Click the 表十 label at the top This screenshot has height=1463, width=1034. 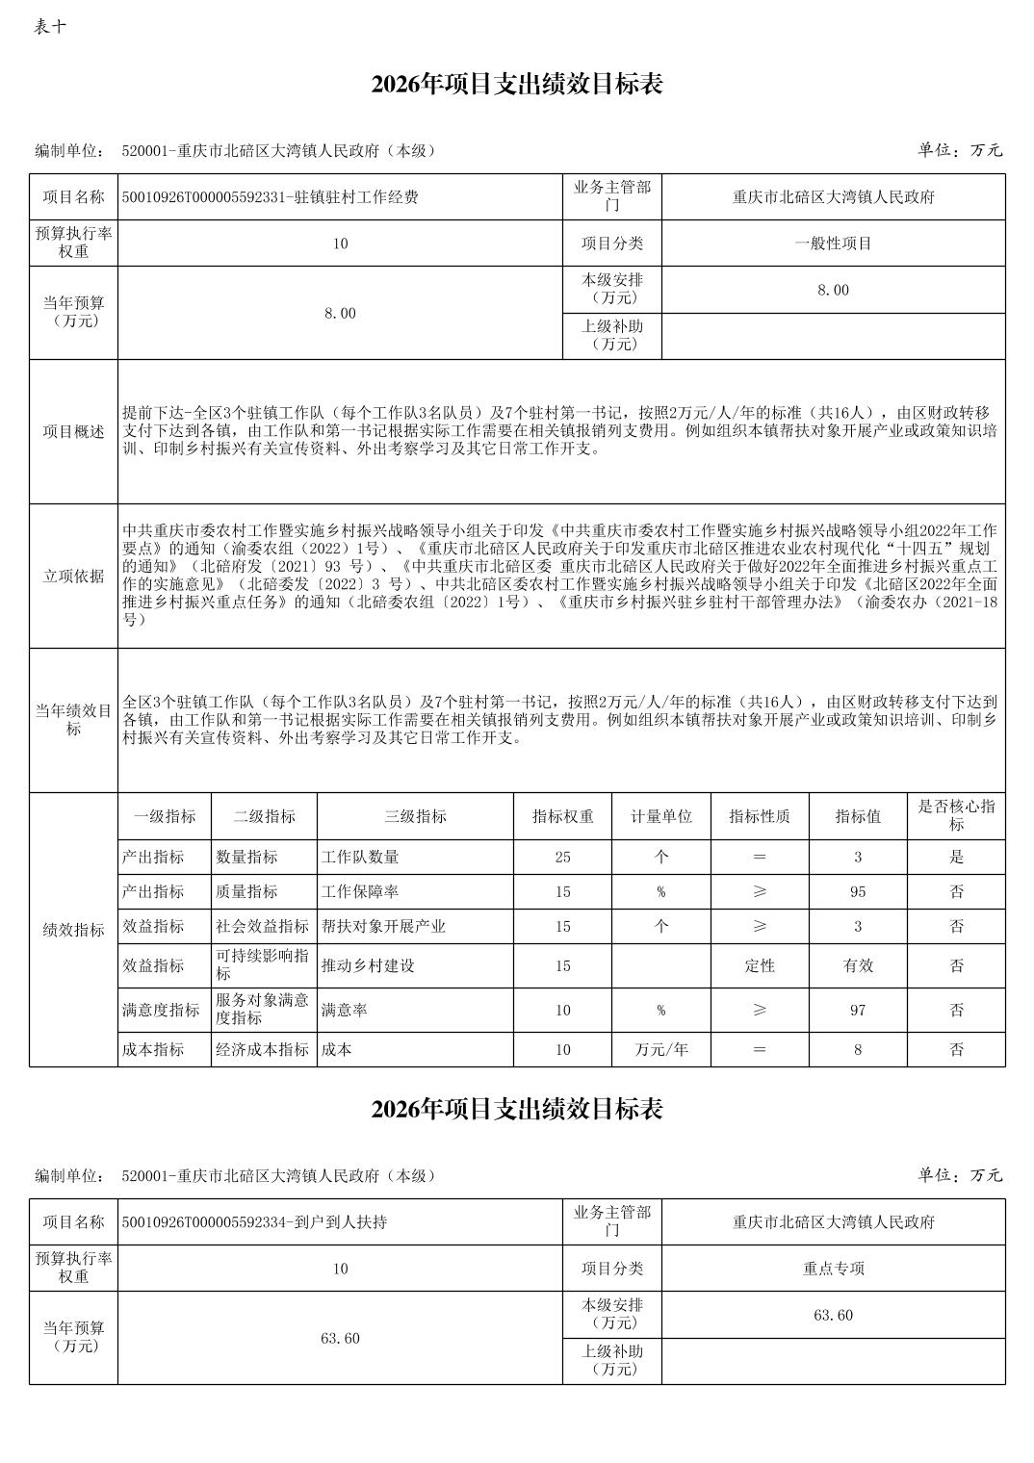point(50,26)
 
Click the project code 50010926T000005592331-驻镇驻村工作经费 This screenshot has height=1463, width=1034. point(271,197)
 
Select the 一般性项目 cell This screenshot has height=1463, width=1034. point(833,244)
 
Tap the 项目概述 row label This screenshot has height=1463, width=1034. point(73,432)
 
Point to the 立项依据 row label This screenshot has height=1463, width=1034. point(73,577)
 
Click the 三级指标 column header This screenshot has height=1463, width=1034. point(415,816)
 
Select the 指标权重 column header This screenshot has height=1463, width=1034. point(563,816)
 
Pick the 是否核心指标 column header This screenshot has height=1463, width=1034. point(956,816)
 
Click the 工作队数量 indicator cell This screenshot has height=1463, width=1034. point(360,857)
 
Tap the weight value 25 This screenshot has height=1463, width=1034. point(563,857)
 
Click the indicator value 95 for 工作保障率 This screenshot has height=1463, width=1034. point(858,892)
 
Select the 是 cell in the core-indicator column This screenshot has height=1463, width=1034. point(956,857)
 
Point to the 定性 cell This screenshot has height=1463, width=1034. point(760,965)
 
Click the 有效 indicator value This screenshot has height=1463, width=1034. point(858,965)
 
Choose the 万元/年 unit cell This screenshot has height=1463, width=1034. point(661,1049)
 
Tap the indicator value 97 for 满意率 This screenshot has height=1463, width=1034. point(858,1010)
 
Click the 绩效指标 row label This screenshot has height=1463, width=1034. point(73,931)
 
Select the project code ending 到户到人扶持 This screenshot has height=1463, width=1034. point(255,1222)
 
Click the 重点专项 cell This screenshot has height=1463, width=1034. point(833,1269)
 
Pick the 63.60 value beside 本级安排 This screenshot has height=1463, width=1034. point(833,1315)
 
